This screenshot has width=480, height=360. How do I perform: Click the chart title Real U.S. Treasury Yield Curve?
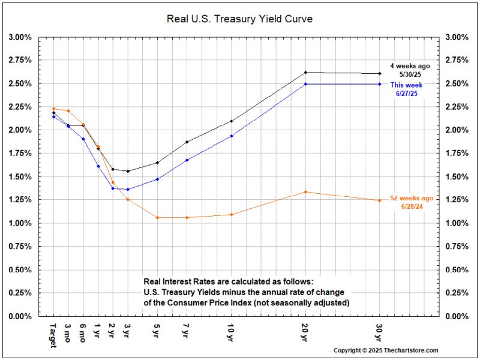tap(239, 19)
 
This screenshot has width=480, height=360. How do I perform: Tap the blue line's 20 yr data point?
tap(305, 84)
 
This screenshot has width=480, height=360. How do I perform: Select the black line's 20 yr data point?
tap(305, 73)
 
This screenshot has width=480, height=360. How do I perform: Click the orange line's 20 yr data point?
tap(305, 192)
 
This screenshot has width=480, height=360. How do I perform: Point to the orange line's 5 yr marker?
tap(157, 217)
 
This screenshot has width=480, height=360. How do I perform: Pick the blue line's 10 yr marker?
tap(231, 136)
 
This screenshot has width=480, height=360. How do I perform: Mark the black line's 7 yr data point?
tap(187, 142)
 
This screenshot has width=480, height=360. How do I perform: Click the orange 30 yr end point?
tap(379, 200)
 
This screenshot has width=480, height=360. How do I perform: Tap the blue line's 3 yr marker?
tap(128, 190)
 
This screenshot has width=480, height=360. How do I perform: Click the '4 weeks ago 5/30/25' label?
tap(410, 70)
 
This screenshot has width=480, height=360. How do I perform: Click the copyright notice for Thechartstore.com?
tap(386, 350)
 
